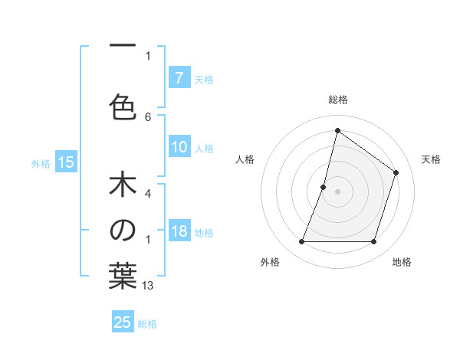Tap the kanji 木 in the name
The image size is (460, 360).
pyautogui.click(x=123, y=186)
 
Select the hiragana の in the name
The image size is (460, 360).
pyautogui.click(x=123, y=231)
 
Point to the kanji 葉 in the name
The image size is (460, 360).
pyautogui.click(x=123, y=277)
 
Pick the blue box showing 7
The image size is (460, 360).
pyautogui.click(x=179, y=77)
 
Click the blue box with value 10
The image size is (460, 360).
pyautogui.click(x=179, y=147)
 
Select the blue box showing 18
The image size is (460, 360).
pyautogui.click(x=179, y=231)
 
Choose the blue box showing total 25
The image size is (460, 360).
pyautogui.click(x=123, y=322)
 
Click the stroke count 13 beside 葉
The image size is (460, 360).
pyautogui.click(x=148, y=286)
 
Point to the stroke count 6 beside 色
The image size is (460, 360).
pyautogui.click(x=148, y=116)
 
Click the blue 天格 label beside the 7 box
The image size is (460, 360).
pyautogui.click(x=204, y=79)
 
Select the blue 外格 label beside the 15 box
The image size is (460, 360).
pyautogui.click(x=41, y=163)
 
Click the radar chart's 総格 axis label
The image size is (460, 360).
pyautogui.click(x=337, y=100)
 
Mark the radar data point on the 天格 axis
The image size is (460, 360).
pyautogui.click(x=396, y=172)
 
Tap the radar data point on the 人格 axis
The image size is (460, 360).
pyautogui.click(x=324, y=187)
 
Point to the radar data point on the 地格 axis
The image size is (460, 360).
pyautogui.click(x=373, y=242)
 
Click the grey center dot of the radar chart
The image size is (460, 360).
pyautogui.click(x=337, y=191)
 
